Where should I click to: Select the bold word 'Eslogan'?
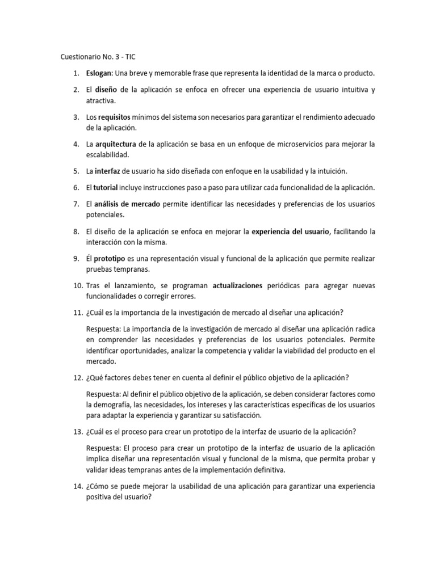click(x=99, y=74)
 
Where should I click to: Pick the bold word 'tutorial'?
click(x=105, y=187)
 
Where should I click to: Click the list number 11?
click(x=78, y=313)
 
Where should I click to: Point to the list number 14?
click(x=78, y=487)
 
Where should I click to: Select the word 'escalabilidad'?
click(x=108, y=154)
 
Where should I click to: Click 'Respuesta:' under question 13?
click(x=103, y=448)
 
